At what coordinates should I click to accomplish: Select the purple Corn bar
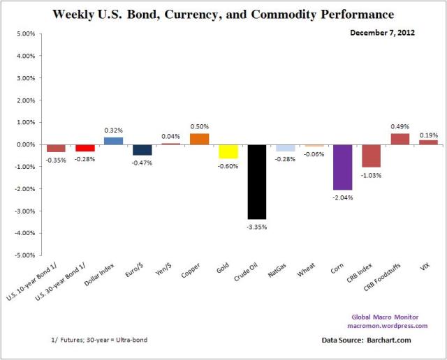[342, 167]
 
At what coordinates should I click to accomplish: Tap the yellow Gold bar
[228, 151]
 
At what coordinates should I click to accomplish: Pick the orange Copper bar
[199, 139]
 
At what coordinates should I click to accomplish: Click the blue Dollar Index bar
[114, 141]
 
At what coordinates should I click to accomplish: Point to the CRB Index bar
[371, 156]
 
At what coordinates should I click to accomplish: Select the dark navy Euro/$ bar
[142, 149]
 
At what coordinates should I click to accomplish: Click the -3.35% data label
[257, 226]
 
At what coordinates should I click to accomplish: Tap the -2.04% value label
[342, 197]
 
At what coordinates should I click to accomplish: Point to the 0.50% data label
[199, 126]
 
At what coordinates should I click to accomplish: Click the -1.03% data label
[371, 174]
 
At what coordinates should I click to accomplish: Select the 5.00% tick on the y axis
[24, 33]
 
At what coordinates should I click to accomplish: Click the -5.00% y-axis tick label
[23, 255]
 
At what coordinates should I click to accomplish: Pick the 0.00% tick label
[24, 144]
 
